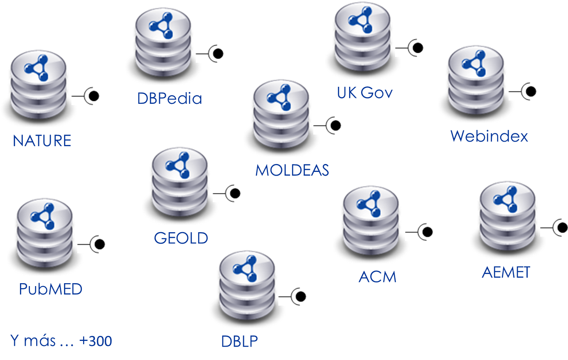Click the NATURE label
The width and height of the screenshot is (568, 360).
[42, 141]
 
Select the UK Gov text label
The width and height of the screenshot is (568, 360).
[365, 93]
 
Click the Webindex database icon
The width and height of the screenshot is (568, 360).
[476, 83]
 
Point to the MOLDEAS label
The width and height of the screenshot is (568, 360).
[292, 170]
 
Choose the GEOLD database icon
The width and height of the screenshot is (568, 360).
[180, 184]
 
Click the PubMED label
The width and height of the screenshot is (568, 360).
[51, 289]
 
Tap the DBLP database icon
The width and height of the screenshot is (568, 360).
[247, 288]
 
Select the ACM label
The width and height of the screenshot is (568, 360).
[377, 277]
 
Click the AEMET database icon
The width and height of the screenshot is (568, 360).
[508, 218]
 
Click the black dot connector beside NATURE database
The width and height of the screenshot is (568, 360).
[93, 96]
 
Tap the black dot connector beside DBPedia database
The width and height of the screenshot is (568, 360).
[218, 54]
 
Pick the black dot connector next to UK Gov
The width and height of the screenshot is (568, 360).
[418, 48]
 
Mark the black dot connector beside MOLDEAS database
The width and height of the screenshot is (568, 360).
[335, 125]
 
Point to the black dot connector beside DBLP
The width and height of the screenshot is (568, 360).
[300, 296]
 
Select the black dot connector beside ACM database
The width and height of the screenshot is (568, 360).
[427, 231]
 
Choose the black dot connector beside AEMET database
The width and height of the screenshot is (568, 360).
[562, 228]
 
